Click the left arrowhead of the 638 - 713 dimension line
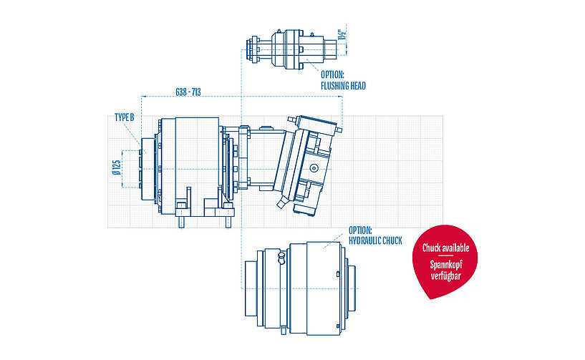142,97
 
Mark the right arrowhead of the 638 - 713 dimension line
342,97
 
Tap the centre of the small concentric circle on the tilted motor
314,168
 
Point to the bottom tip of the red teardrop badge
431,299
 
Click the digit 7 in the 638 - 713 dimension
194,92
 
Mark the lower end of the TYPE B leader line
146,153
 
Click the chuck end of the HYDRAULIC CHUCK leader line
324,248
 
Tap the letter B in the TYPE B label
131,117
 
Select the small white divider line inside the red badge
445,256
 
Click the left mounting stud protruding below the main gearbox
181,222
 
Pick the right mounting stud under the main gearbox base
228,222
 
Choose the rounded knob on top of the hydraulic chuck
281,256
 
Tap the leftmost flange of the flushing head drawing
254,50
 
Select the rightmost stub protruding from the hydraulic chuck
353,288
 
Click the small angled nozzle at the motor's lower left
281,203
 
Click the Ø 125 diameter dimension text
117,168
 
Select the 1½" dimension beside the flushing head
342,35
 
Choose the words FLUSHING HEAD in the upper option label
343,86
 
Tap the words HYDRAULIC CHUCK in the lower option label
375,241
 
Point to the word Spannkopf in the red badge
446,265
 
